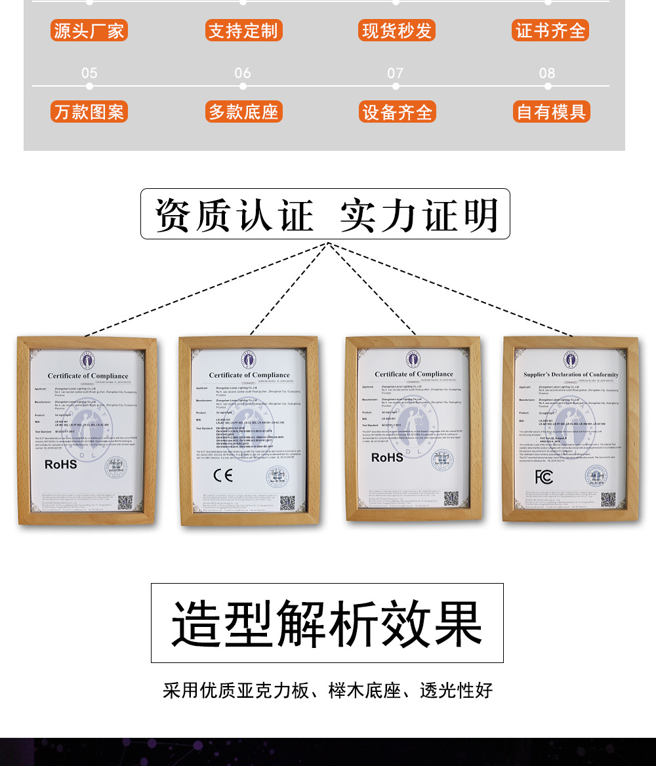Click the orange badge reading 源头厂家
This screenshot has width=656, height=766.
(x=89, y=31)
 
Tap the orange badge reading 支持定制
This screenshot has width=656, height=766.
(x=243, y=31)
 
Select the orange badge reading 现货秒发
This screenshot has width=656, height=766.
(x=397, y=31)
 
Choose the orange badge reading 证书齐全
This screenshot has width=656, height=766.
(x=550, y=31)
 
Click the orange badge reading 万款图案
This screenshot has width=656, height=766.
(x=89, y=111)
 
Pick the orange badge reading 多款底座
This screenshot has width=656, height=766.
(x=243, y=111)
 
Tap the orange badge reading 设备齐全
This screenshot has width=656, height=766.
(x=397, y=112)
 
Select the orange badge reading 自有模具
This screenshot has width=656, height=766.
(x=551, y=111)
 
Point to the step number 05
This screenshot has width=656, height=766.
(x=89, y=73)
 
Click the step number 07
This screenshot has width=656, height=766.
(x=395, y=73)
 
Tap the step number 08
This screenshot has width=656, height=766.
(x=547, y=73)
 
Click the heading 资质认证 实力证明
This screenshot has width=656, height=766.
(x=325, y=214)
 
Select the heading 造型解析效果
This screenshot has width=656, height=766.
(x=327, y=622)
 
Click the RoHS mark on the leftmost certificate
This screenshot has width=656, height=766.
(x=61, y=464)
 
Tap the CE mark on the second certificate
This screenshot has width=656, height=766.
(x=223, y=475)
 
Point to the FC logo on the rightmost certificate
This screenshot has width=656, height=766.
(x=544, y=477)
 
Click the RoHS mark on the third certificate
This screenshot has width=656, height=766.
(x=387, y=457)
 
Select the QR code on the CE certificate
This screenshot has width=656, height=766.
(x=287, y=503)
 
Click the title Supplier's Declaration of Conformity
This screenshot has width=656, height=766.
(x=571, y=374)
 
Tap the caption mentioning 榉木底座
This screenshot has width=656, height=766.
(x=327, y=691)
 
